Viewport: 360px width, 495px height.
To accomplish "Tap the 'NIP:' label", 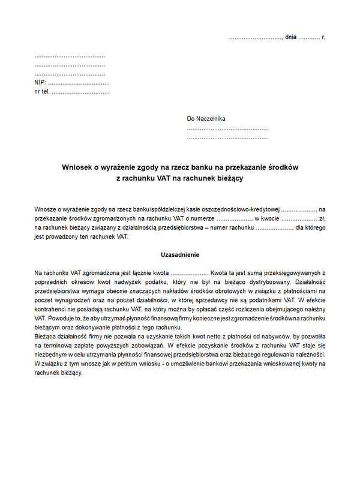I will [40, 83].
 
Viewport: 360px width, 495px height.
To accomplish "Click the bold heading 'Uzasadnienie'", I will [180, 255].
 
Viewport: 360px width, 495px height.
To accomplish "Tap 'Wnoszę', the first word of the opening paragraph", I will [46, 209].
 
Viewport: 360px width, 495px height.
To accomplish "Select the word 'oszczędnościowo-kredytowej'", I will [241, 209].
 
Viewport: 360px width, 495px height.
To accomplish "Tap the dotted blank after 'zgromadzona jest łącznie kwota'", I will [190, 273].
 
